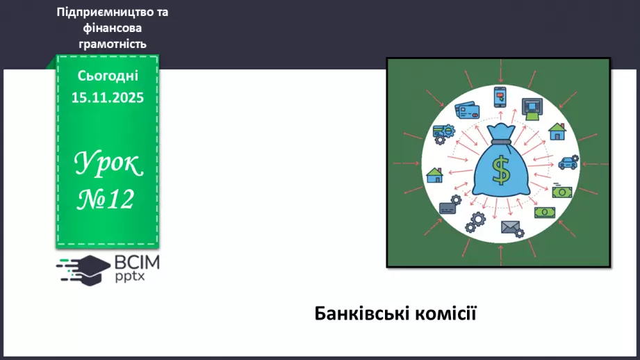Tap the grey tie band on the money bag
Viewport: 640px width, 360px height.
(x=501, y=142)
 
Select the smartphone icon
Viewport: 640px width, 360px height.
(x=500, y=97)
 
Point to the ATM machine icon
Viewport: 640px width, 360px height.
(x=532, y=109)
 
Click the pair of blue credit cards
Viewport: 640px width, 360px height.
(x=467, y=111)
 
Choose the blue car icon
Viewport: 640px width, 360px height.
(x=568, y=162)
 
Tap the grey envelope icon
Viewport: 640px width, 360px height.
(x=512, y=229)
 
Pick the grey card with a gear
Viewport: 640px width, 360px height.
(x=450, y=205)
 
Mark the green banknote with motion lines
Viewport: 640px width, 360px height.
(x=561, y=190)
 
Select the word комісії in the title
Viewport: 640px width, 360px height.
(x=445, y=313)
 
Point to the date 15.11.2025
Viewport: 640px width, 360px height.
(x=108, y=97)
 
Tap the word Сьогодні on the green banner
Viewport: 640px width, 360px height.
(x=108, y=76)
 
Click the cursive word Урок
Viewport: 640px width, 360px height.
(x=108, y=163)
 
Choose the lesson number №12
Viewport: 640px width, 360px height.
(x=106, y=199)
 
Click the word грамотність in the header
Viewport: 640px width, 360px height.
(x=113, y=44)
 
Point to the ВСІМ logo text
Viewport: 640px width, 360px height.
(x=137, y=263)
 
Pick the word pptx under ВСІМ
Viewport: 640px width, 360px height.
(x=130, y=277)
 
